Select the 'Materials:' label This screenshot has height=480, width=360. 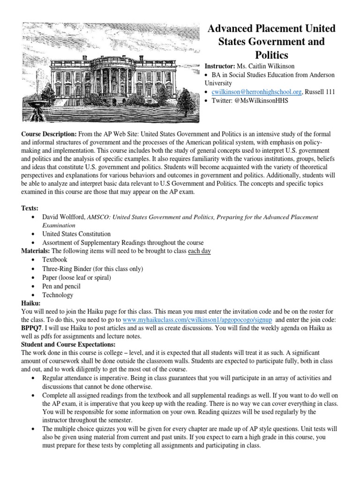[36, 251]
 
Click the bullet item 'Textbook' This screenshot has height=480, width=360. [55, 259]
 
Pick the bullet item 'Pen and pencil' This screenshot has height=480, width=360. [61, 286]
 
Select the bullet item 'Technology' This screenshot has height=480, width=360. [58, 295]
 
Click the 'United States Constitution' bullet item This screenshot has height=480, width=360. [76, 233]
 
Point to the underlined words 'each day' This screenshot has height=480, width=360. [199, 251]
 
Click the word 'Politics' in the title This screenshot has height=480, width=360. [271, 55]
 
